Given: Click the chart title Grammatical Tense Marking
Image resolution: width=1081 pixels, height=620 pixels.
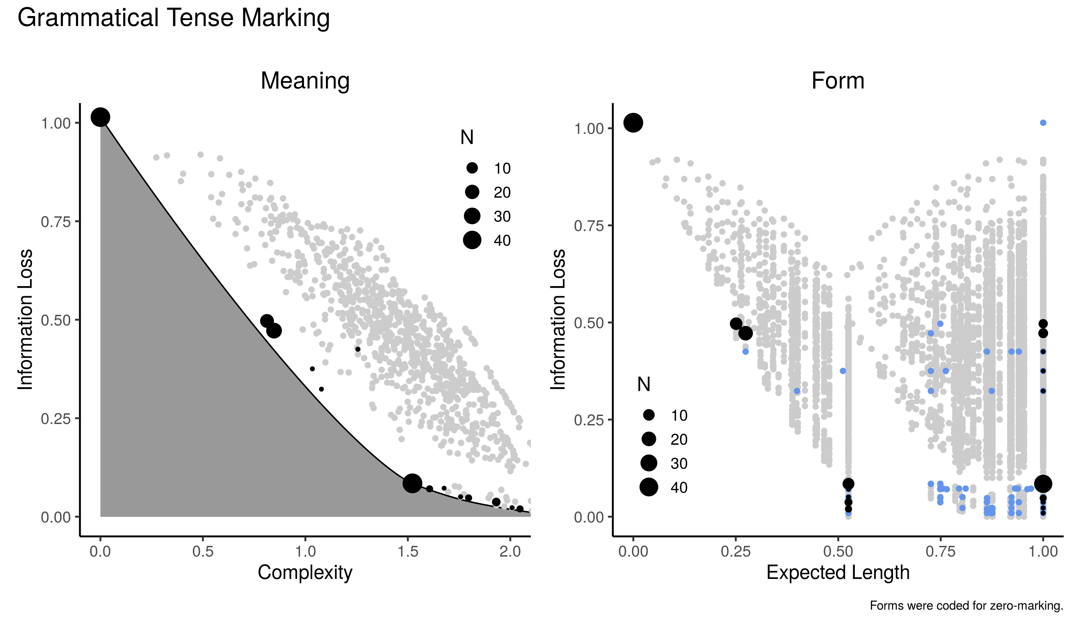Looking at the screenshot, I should [173, 18].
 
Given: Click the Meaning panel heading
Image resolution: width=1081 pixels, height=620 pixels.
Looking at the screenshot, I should [305, 80].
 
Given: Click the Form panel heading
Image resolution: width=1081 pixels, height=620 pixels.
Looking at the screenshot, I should [838, 80].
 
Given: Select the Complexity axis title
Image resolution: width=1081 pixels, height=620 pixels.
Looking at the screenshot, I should [305, 572].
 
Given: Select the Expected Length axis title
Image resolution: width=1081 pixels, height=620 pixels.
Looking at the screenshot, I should [838, 572].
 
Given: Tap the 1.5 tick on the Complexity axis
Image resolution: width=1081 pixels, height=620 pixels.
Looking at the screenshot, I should [408, 552].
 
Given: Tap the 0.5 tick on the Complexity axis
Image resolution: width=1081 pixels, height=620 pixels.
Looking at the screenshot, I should [203, 552].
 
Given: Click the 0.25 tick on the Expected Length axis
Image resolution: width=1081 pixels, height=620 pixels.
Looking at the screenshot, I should [736, 552].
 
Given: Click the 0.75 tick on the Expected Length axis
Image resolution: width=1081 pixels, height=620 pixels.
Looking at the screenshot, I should [941, 552].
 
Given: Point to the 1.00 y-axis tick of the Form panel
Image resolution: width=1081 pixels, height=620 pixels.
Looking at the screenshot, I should [589, 129].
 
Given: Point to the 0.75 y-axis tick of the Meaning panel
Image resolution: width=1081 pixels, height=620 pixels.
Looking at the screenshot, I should [55, 222].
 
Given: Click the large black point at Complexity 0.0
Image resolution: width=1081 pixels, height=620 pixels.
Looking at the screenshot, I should [100, 117].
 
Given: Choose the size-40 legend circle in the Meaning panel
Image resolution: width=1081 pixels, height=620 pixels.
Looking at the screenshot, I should [472, 240].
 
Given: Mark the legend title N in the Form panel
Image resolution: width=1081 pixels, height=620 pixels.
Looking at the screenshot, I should [644, 385].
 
